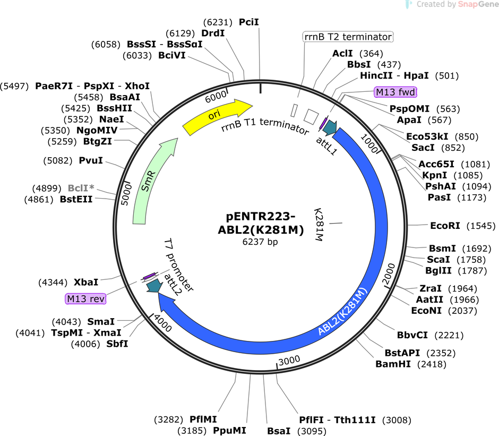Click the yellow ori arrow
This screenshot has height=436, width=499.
pos(217,116)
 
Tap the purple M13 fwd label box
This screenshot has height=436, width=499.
pos(395,92)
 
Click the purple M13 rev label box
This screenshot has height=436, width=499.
pos(85,299)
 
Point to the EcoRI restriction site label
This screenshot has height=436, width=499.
pos(445,226)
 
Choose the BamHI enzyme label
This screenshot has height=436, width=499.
pos(393,364)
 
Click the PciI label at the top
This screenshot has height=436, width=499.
pos(249,22)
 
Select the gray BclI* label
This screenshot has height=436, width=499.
pos(81,188)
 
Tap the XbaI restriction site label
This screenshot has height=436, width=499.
pos(86,282)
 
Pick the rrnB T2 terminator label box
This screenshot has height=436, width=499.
pos(348,37)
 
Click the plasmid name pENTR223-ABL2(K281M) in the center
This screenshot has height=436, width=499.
pos(261,223)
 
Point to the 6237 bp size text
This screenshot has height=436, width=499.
pos(260,242)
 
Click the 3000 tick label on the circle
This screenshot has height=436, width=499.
pos(289,361)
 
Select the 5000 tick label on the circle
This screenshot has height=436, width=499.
pos(126,194)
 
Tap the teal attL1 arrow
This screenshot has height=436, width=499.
pos(330,127)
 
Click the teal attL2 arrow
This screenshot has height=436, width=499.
pos(154,286)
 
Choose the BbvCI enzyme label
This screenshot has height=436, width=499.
pos(412,335)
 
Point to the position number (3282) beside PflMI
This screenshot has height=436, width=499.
pos(169,420)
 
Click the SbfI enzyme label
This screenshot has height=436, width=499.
pos(117,344)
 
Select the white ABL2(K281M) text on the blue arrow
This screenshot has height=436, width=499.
pos(343,311)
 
